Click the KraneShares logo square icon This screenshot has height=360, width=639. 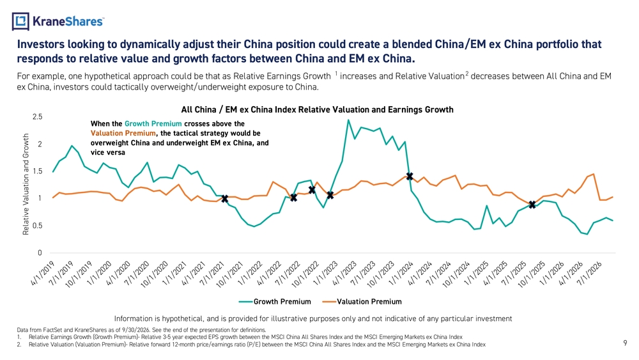click(20, 21)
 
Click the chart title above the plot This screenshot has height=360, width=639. click(317, 110)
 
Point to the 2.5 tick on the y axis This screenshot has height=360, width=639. click(38, 117)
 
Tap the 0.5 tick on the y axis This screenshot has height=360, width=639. click(38, 226)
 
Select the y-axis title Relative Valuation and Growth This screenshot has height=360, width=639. click(26, 184)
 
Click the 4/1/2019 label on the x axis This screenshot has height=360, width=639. click(43, 273)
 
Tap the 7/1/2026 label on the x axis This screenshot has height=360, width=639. click(590, 273)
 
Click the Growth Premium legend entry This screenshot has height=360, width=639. click(275, 302)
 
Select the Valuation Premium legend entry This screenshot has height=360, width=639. click(362, 302)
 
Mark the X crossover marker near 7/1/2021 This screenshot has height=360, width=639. click(224, 199)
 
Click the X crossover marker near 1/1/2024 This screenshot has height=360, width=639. click(410, 176)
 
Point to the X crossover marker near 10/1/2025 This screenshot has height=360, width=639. click(532, 205)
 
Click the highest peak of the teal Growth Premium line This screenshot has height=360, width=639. click(348, 120)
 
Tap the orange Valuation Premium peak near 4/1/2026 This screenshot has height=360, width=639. click(594, 174)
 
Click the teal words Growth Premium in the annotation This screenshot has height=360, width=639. click(153, 123)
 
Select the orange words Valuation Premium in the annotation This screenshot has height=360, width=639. click(123, 133)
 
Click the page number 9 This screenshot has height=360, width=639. click(625, 343)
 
